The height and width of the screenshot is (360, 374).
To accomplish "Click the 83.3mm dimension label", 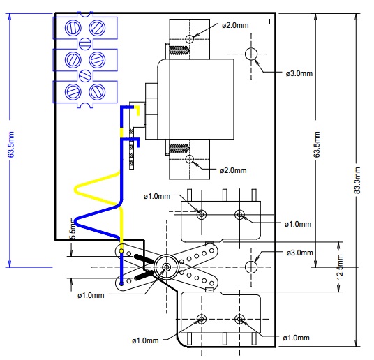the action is point(357,180).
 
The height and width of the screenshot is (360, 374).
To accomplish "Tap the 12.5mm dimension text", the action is point(340,267).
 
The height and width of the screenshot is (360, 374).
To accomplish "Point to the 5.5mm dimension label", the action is point(73,228).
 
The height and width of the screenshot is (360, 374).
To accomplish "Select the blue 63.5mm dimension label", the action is point(11,144).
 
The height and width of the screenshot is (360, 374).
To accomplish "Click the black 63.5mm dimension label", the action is point(317,144).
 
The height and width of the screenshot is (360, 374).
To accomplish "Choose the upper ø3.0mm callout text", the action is point(299,73).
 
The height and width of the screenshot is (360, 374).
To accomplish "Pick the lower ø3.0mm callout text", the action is point(299,253).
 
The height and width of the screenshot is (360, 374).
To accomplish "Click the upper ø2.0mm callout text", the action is point(235,25).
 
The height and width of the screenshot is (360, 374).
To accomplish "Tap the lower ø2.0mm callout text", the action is point(233,170).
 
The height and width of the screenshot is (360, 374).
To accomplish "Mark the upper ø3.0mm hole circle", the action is point(251,54).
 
